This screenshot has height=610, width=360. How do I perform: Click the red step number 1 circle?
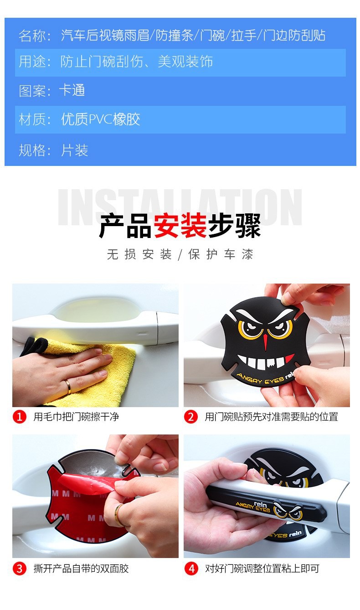(x=20, y=417)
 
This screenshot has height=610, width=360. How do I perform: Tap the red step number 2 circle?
(x=191, y=417)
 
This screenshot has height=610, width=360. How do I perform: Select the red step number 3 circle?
(x=20, y=569)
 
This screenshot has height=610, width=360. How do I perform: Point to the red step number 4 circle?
(x=191, y=569)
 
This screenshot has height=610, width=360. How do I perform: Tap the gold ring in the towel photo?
(x=69, y=387)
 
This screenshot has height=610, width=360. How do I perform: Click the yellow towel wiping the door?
(x=105, y=365)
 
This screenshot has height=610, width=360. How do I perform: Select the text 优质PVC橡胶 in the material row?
(x=101, y=119)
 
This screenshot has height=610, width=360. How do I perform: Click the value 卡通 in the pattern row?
(x=72, y=90)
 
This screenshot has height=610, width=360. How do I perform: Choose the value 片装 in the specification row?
(x=74, y=150)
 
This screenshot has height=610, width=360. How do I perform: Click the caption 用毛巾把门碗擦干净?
(x=76, y=417)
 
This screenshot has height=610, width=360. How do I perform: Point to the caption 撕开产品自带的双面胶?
(x=81, y=569)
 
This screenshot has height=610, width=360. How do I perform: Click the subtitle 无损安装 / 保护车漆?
(x=180, y=254)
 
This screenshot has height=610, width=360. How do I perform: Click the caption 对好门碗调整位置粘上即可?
(x=262, y=569)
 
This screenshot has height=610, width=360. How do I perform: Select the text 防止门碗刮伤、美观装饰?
(x=137, y=62)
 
